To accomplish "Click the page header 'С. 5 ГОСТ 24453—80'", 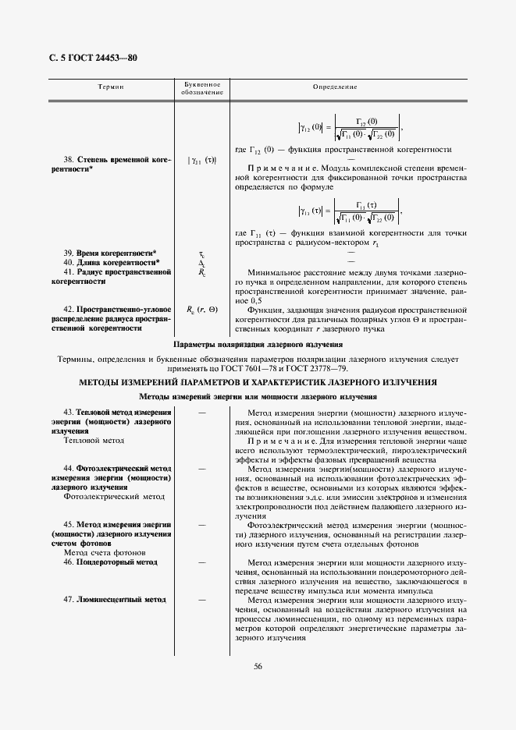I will click(x=87, y=59).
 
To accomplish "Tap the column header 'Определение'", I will click(x=335, y=88).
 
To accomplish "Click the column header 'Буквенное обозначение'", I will click(x=202, y=88).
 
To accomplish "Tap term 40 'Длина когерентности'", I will click(x=112, y=263).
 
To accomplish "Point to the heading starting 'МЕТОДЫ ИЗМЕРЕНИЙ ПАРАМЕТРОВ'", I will click(x=258, y=382).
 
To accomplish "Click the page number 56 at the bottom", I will click(x=258, y=666).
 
